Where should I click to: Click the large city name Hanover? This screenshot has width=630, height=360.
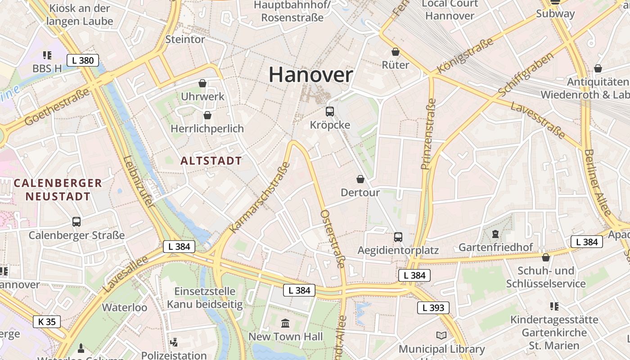310,75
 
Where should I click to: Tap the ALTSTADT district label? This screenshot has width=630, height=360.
211,161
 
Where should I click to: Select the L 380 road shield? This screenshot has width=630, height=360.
83,60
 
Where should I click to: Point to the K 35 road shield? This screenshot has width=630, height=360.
47,321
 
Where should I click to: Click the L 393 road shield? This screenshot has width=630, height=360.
433,308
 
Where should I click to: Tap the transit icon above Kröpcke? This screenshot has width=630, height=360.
330,111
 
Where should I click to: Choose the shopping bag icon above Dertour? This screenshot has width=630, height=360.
360,179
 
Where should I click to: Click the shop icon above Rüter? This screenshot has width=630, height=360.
396,52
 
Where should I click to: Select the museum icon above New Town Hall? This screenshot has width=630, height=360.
285,323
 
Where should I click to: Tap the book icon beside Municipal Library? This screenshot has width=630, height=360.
441,336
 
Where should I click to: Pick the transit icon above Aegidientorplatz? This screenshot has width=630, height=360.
398,237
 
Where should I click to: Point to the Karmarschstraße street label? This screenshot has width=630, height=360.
259,198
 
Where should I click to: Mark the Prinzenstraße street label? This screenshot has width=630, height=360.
429,134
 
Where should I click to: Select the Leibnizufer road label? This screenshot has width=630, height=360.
139,181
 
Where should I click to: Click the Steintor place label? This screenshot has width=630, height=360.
185,40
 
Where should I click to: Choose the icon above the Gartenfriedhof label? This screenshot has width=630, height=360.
495,234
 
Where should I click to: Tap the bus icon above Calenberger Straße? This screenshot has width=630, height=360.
76,221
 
